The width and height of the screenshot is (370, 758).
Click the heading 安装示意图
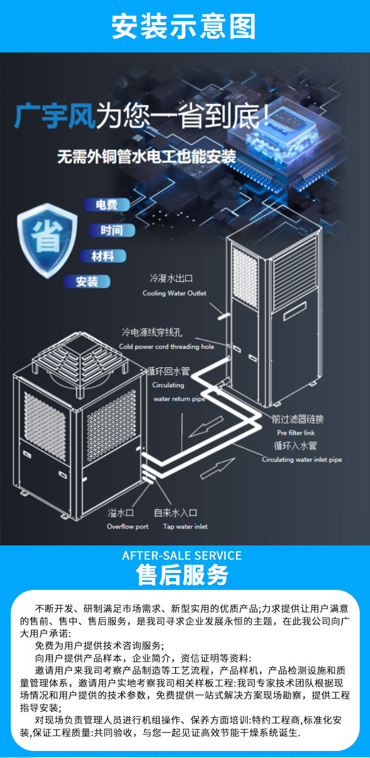pos(184,26)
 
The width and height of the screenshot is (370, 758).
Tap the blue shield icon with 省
pos(47,238)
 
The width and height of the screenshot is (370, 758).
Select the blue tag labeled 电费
pos(106,205)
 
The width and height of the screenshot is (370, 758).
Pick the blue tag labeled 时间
pos(111,230)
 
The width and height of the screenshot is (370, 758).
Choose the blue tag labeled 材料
pos(103,256)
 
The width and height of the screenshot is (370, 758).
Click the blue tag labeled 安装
pos(87,281)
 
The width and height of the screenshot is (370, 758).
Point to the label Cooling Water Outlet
pos(174,293)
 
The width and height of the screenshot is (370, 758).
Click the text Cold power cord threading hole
pos(166,346)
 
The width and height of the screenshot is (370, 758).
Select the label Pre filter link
pos(296,433)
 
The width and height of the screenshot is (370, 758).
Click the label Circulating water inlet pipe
pos(302,459)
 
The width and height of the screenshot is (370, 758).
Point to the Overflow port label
pos(127,526)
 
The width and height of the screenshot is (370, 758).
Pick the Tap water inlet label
pos(185,526)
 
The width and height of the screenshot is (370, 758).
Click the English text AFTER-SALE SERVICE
pos(182,556)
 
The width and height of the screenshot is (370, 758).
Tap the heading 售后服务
pos(182,575)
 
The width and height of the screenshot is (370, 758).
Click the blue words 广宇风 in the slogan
pos(55,116)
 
